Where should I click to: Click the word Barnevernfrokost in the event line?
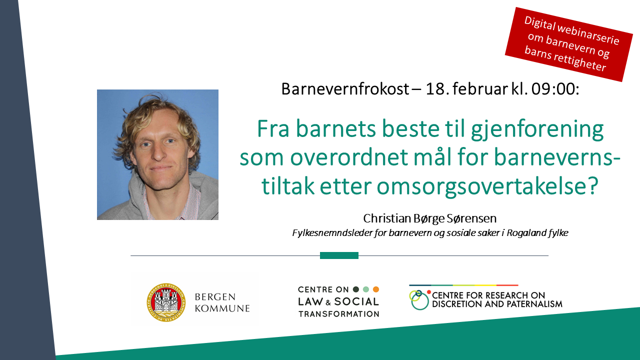(x=345, y=89)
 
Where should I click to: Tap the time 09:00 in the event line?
(x=555, y=89)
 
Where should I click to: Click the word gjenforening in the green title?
(x=537, y=130)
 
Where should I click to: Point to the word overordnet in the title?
(x=349, y=157)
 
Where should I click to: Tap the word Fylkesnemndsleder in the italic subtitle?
(x=332, y=233)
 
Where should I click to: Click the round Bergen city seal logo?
(x=166, y=302)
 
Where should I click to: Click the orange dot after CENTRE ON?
(x=376, y=289)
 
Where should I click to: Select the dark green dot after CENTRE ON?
(x=356, y=289)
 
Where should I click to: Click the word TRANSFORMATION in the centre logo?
(x=339, y=314)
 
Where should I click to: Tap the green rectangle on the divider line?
(x=339, y=255)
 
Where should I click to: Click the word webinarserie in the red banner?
(x=588, y=34)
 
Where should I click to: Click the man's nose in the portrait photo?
(x=158, y=152)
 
